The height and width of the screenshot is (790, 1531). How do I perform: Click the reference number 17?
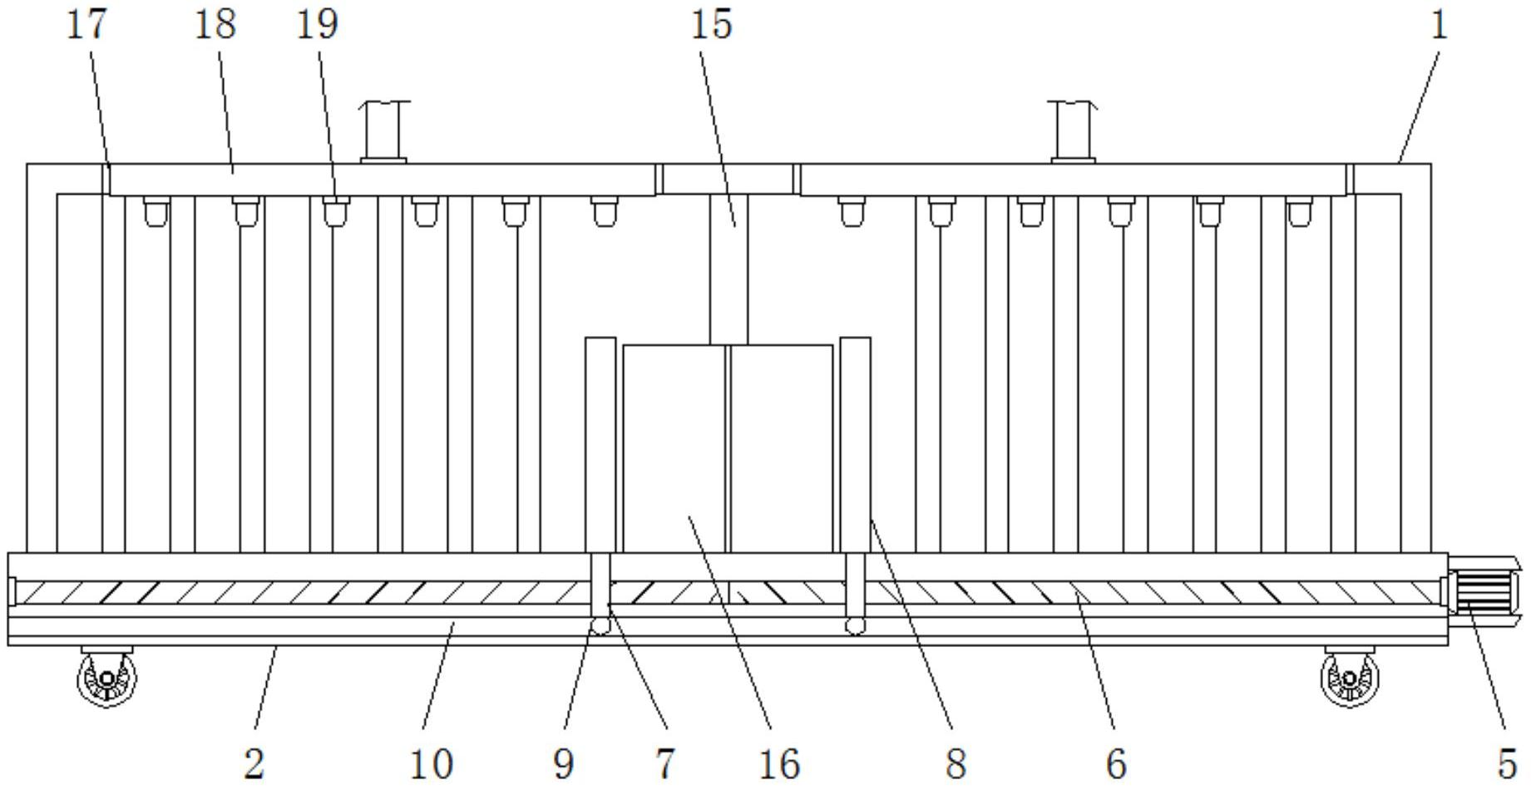tap(86, 23)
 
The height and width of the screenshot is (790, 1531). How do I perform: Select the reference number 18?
tap(215, 23)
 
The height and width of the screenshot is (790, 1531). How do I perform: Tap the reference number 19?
tap(317, 23)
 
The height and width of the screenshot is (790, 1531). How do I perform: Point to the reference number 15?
tap(712, 23)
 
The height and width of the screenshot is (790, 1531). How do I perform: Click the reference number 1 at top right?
tap(1439, 23)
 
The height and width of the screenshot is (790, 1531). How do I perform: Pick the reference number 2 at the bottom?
tap(254, 763)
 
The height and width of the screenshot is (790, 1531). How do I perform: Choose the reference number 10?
tap(432, 763)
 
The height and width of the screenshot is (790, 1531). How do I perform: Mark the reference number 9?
tap(563, 763)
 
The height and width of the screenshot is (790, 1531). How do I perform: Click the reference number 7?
tap(664, 763)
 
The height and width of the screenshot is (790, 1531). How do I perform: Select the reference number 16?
tap(779, 763)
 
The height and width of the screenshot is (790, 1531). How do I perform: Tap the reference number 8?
tap(956, 763)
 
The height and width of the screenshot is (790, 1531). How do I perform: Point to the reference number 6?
tap(1116, 763)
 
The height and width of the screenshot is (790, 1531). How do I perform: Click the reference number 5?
tap(1507, 763)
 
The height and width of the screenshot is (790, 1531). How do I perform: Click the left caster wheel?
tap(107, 677)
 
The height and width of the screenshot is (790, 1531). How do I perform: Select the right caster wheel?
tap(1349, 677)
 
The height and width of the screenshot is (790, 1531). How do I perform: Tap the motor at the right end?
tap(1485, 592)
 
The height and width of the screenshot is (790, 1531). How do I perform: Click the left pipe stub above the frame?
tap(383, 131)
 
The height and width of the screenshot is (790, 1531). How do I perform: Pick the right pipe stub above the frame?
tap(1073, 131)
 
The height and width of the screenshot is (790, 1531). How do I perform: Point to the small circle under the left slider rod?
tap(600, 625)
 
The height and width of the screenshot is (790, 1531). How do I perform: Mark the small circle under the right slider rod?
tap(855, 625)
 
